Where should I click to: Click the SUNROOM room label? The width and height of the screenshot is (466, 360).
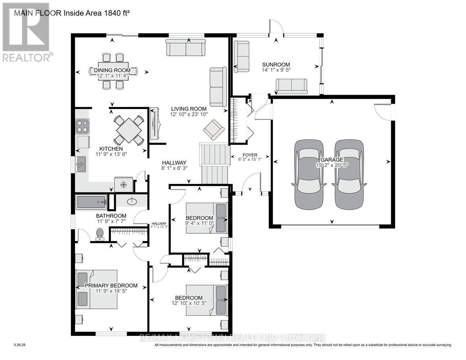coord(276,65)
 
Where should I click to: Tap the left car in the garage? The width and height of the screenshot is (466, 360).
coord(309,175)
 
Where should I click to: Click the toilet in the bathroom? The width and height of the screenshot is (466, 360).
coord(100,234)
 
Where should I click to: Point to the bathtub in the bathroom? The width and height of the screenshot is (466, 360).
coord(91,202)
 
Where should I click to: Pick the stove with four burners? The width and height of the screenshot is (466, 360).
coord(82,126)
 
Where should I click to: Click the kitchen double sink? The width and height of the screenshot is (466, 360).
coord(80,164)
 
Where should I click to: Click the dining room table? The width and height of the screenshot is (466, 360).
coord(113,71)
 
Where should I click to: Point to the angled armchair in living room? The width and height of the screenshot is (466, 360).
coord(213,130)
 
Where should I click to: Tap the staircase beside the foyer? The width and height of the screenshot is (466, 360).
coord(215,163)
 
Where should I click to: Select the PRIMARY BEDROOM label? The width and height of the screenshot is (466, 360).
coord(111,285)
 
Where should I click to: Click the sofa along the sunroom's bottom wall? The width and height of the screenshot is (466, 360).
coord(291,86)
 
